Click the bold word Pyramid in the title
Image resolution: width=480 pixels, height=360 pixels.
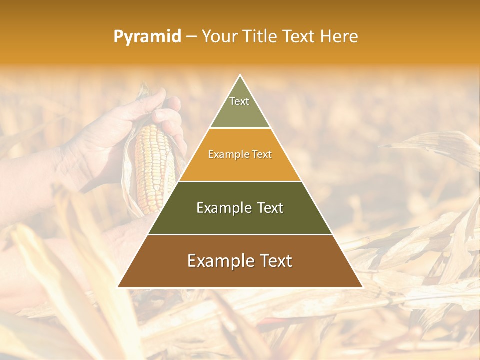pos(147,37)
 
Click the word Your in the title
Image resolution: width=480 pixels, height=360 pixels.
pos(218,37)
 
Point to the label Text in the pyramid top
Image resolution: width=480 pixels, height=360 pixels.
pos(239,101)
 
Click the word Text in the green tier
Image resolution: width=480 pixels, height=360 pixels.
pos(270,208)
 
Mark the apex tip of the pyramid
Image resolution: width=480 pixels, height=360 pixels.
pos(240,76)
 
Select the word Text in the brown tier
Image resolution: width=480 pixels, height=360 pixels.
pos(275,261)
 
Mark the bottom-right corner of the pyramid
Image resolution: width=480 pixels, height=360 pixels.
pos(362,287)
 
